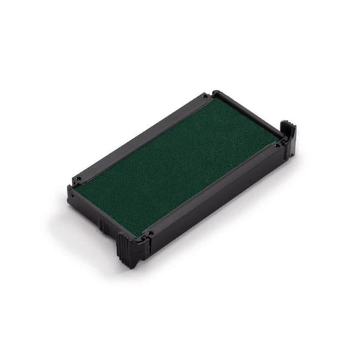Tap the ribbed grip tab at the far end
(x=289, y=134)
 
